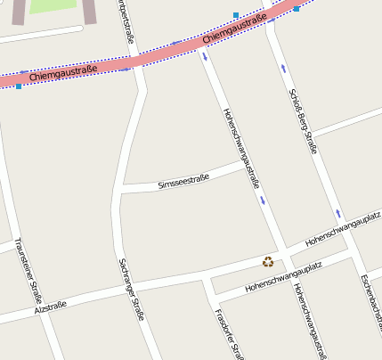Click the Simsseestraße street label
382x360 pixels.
[183, 182]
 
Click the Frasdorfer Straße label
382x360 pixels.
[229, 334]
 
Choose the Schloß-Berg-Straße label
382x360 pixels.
[303, 121]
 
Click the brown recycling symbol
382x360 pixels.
[268, 262]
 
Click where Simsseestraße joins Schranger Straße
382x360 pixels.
[121, 190]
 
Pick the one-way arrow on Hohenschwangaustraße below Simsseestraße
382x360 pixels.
[263, 200]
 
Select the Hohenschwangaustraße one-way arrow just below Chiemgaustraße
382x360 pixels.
[207, 57]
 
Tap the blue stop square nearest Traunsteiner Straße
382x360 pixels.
[18, 86]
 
